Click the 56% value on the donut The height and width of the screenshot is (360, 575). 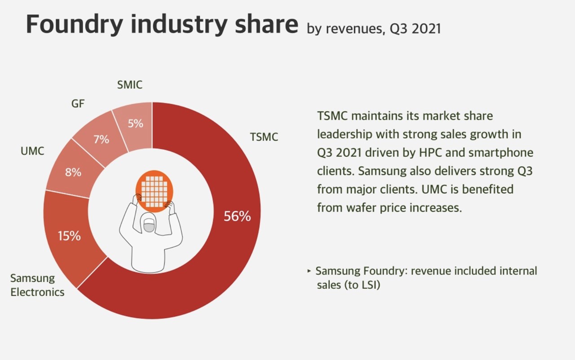tap(237, 217)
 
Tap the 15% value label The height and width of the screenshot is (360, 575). tap(69, 236)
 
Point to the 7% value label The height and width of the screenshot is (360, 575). tap(101, 139)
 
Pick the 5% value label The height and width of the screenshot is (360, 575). tap(135, 123)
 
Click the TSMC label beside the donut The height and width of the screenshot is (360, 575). tap(264, 137)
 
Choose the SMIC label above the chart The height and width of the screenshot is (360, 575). tap(129, 84)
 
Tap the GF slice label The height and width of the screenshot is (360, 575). tap(78, 104)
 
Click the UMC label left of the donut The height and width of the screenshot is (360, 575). tap(32, 151)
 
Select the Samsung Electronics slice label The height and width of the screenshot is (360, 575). tap(37, 285)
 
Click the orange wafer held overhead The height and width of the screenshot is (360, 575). tap(155, 191)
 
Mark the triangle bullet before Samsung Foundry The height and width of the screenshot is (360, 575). tap(309, 271)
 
